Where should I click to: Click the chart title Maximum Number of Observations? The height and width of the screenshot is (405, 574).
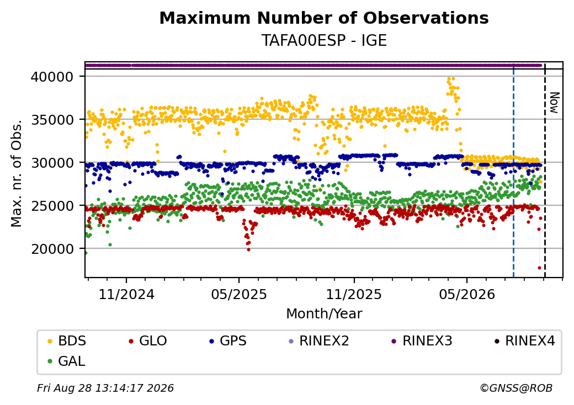tap(324, 18)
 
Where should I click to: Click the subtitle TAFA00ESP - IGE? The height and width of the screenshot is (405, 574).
tap(324, 41)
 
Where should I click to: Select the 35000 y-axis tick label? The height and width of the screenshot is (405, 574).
tap(52, 120)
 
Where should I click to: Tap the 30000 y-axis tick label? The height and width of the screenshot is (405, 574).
tap(52, 163)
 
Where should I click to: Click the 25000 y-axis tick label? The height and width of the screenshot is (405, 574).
tap(52, 206)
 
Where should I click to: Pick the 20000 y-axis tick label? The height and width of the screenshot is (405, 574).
tap(52, 249)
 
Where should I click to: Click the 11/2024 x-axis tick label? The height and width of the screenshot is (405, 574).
tap(126, 294)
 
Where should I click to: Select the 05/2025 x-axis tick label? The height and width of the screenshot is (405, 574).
tap(239, 294)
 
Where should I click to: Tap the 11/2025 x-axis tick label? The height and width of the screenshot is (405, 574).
tap(354, 294)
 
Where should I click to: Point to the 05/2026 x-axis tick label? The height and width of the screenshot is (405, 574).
tap(467, 294)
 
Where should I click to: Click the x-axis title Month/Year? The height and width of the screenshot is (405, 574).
tap(324, 314)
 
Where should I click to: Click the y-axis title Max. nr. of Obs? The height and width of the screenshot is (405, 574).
tap(17, 173)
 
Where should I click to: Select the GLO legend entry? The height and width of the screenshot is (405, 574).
tap(148, 341)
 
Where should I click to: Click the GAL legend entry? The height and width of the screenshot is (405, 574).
tap(67, 361)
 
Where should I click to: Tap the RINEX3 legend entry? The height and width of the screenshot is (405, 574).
tap(422, 341)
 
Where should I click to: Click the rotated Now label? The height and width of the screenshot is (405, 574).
tap(554, 103)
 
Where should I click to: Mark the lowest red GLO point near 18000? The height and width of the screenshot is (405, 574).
tap(539, 268)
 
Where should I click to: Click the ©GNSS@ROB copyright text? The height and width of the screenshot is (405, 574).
tap(516, 388)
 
